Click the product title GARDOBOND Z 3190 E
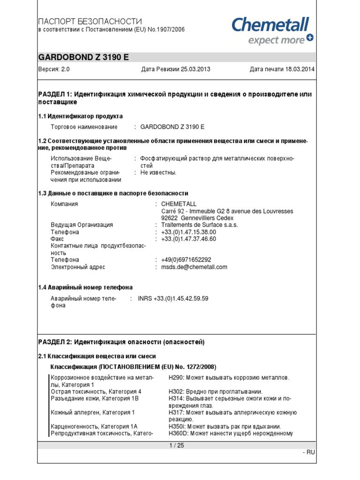tap(83, 58)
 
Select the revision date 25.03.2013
tap(193, 69)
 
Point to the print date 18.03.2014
tap(299, 69)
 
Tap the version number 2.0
tap(65, 69)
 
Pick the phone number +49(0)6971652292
tap(186, 260)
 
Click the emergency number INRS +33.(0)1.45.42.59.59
tap(173, 298)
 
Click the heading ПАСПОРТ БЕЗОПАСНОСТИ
tap(90, 22)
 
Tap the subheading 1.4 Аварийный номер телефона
tap(85, 287)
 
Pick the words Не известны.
tap(158, 172)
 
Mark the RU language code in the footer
tap(311, 452)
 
